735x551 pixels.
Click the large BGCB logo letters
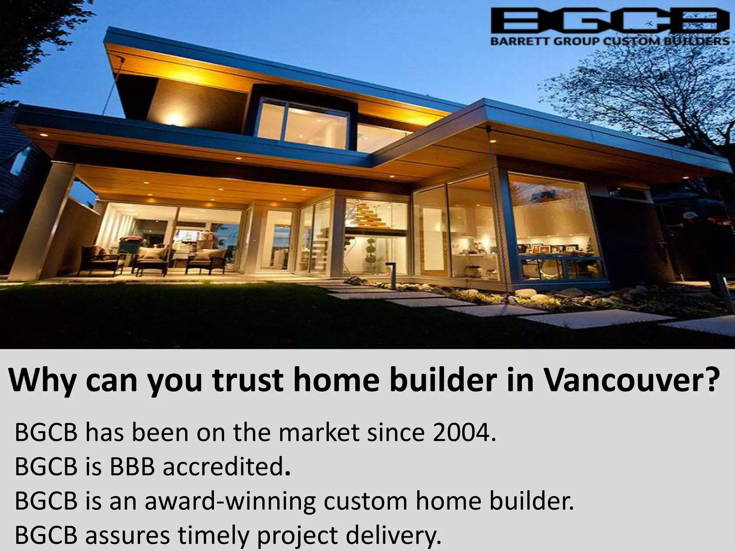[610, 21]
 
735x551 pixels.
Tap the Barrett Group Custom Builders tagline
[610, 41]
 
